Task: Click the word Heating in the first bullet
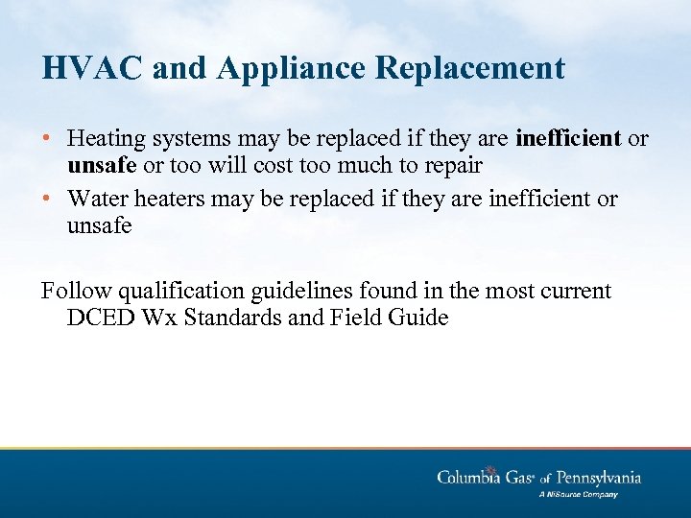point(107,139)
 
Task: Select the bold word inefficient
point(569,139)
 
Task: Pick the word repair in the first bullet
point(451,165)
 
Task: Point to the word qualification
point(172,291)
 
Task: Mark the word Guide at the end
point(418,318)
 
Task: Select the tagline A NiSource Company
point(578,495)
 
